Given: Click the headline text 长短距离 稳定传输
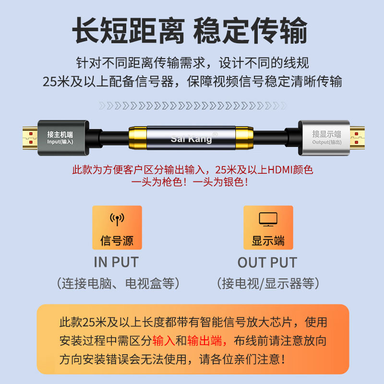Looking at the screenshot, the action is click(190, 30).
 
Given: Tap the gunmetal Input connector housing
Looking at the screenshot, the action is click(63, 138).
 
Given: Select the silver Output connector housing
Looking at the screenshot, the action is click(324, 138).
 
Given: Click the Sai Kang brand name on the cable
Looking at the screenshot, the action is click(191, 139).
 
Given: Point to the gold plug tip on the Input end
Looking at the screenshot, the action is click(30, 138).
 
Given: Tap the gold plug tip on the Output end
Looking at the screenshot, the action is click(357, 138).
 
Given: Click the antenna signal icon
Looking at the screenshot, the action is click(117, 219).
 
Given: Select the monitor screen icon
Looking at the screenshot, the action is click(268, 219).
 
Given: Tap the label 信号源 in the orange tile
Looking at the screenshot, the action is click(117, 240).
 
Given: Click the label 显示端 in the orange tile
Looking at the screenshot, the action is click(268, 240).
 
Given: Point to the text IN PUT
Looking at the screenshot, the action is click(116, 262).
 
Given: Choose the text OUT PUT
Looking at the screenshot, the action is click(267, 263).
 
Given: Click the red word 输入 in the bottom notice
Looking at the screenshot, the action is click(164, 341).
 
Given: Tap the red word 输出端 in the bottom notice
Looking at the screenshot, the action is click(204, 341).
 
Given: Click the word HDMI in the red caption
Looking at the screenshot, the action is click(280, 170).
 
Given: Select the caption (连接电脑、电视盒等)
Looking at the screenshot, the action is click(118, 284).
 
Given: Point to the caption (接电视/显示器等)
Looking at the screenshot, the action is click(268, 284).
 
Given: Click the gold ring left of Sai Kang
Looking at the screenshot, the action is click(138, 138).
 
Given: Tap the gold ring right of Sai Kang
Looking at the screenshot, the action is click(244, 138).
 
